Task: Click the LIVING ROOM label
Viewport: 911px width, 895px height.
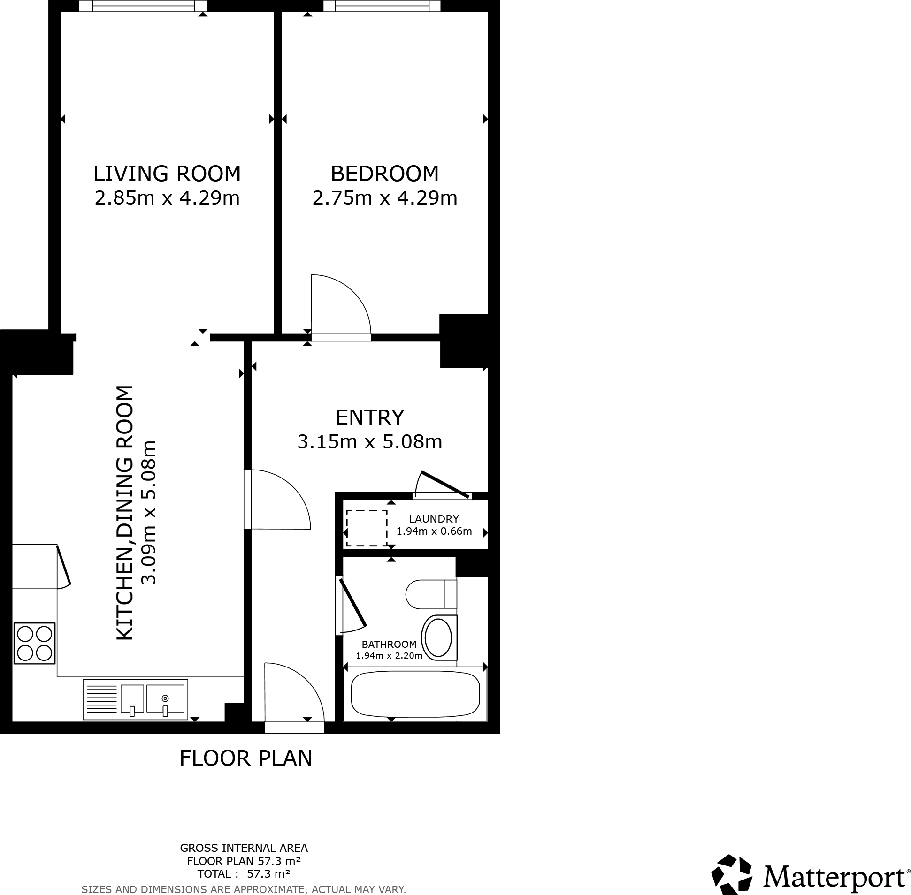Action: [x=167, y=174]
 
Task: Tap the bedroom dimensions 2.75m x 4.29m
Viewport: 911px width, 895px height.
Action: [x=384, y=198]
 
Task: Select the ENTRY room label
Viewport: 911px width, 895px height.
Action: [x=370, y=417]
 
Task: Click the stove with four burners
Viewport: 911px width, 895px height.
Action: [x=34, y=643]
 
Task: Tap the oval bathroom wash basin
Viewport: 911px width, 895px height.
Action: [x=438, y=638]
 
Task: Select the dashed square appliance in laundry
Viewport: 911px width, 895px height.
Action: [x=367, y=528]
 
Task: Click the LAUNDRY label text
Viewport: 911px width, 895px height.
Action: [x=434, y=519]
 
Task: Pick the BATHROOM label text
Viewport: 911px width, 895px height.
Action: [x=389, y=645]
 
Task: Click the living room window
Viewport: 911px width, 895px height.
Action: [x=143, y=6]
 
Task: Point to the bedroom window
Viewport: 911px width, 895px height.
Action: [x=382, y=6]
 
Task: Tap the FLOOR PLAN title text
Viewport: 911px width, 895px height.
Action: [x=245, y=758]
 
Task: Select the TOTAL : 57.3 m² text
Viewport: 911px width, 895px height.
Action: [x=243, y=874]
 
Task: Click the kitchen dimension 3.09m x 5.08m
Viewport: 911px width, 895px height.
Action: [x=149, y=512]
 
